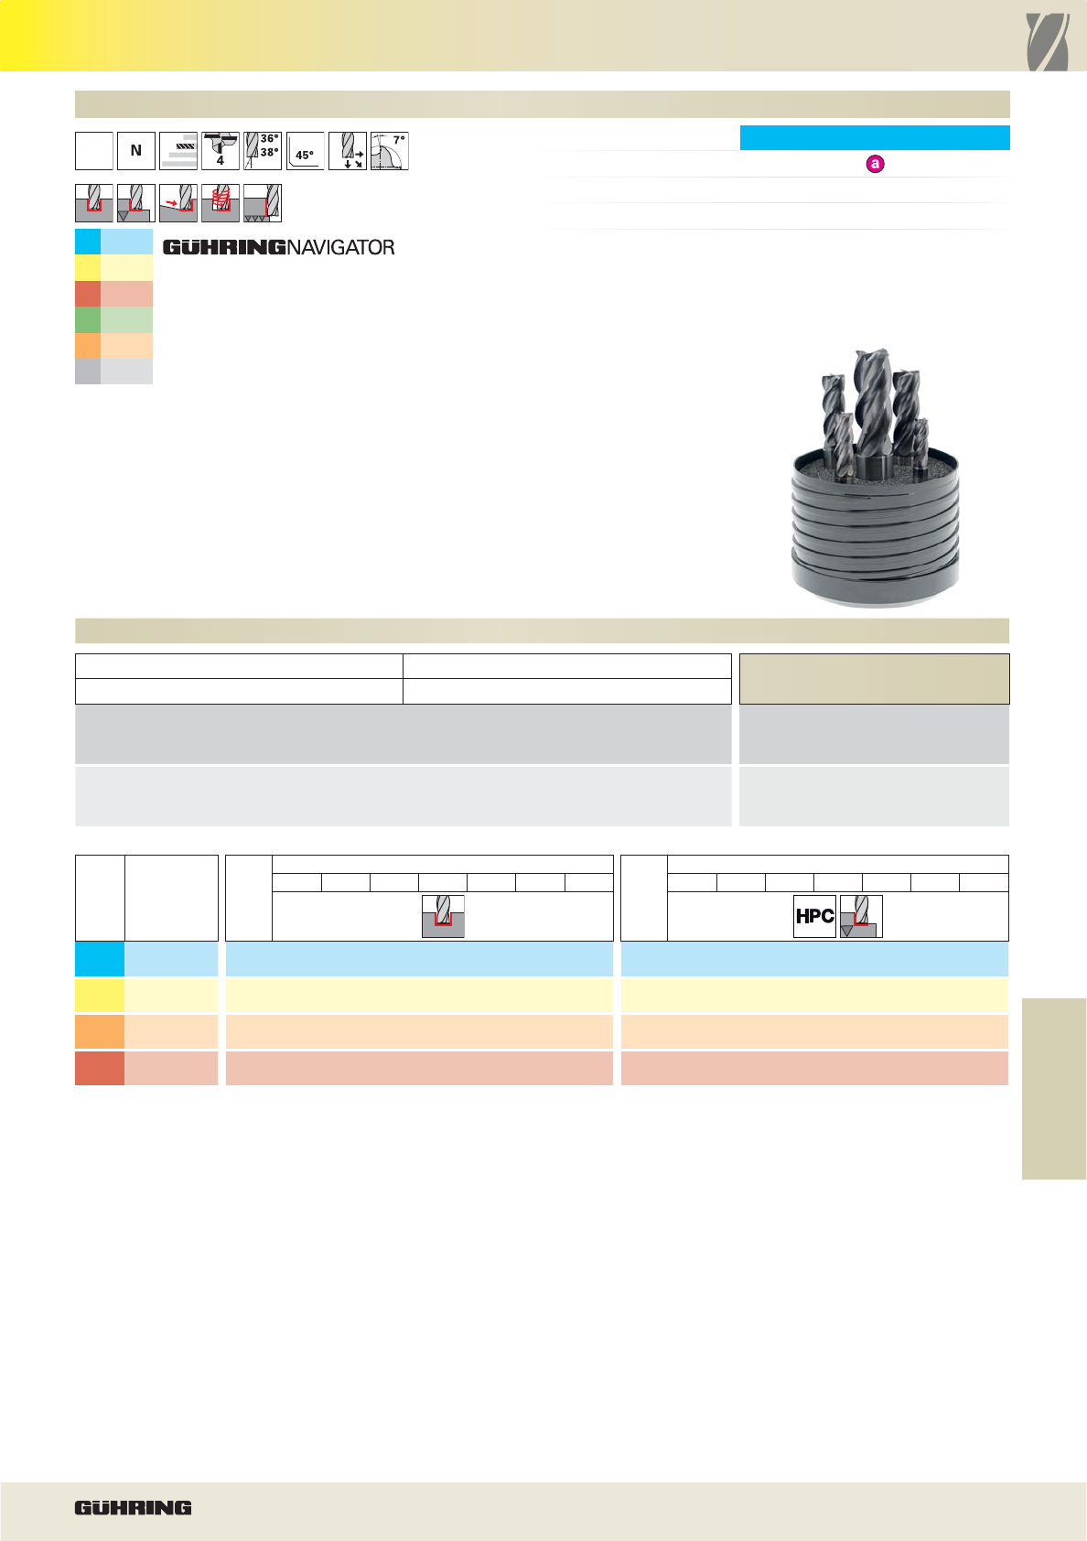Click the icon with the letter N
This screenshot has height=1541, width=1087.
pos(136,151)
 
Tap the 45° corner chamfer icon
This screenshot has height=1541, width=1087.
pos(305,151)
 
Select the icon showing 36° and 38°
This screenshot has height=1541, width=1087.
pos(262,151)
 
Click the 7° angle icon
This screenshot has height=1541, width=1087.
pos(390,151)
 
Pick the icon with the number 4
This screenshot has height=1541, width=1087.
pos(221,151)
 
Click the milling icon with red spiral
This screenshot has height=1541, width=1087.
pos(221,203)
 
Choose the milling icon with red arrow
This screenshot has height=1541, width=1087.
pos(178,203)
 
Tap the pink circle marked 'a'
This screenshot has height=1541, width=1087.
pos(875,164)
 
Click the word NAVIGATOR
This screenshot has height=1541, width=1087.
pos(340,248)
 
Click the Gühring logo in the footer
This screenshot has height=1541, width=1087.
pos(133,1507)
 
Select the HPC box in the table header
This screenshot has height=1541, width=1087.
pos(814,916)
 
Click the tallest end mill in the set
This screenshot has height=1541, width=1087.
pos(872,412)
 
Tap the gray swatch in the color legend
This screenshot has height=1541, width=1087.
pos(113,372)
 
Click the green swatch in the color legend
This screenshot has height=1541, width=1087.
pos(113,320)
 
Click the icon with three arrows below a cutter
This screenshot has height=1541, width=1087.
pos(348,151)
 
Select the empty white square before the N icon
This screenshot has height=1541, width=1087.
pos(94,151)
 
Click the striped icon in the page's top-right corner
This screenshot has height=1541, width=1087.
pos(1048,42)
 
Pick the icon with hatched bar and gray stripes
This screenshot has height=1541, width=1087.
pos(178,151)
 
